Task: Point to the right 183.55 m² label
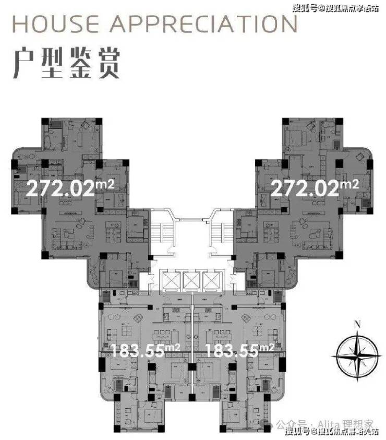coord(232,350)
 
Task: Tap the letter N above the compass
coord(357,324)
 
